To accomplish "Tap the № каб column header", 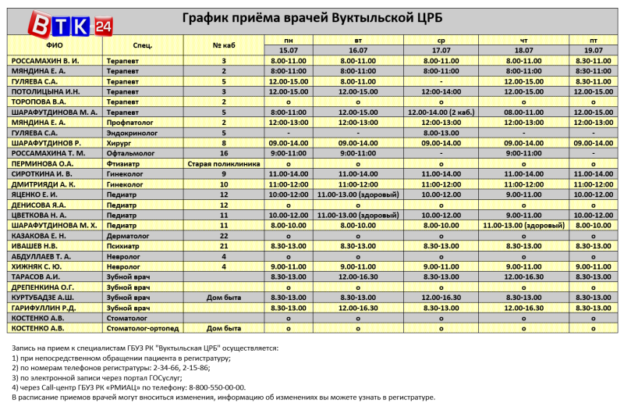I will (x=224, y=45).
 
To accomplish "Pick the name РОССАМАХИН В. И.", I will (x=44, y=60).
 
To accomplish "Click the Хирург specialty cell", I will (x=121, y=143).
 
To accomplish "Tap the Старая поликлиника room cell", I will (x=224, y=163).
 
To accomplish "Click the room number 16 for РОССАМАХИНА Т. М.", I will (x=224, y=153).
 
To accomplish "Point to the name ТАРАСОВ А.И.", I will (x=36, y=277).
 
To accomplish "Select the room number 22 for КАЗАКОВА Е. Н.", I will (x=224, y=235).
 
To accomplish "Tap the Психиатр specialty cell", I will (x=124, y=245).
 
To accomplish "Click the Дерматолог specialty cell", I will (x=129, y=235).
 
